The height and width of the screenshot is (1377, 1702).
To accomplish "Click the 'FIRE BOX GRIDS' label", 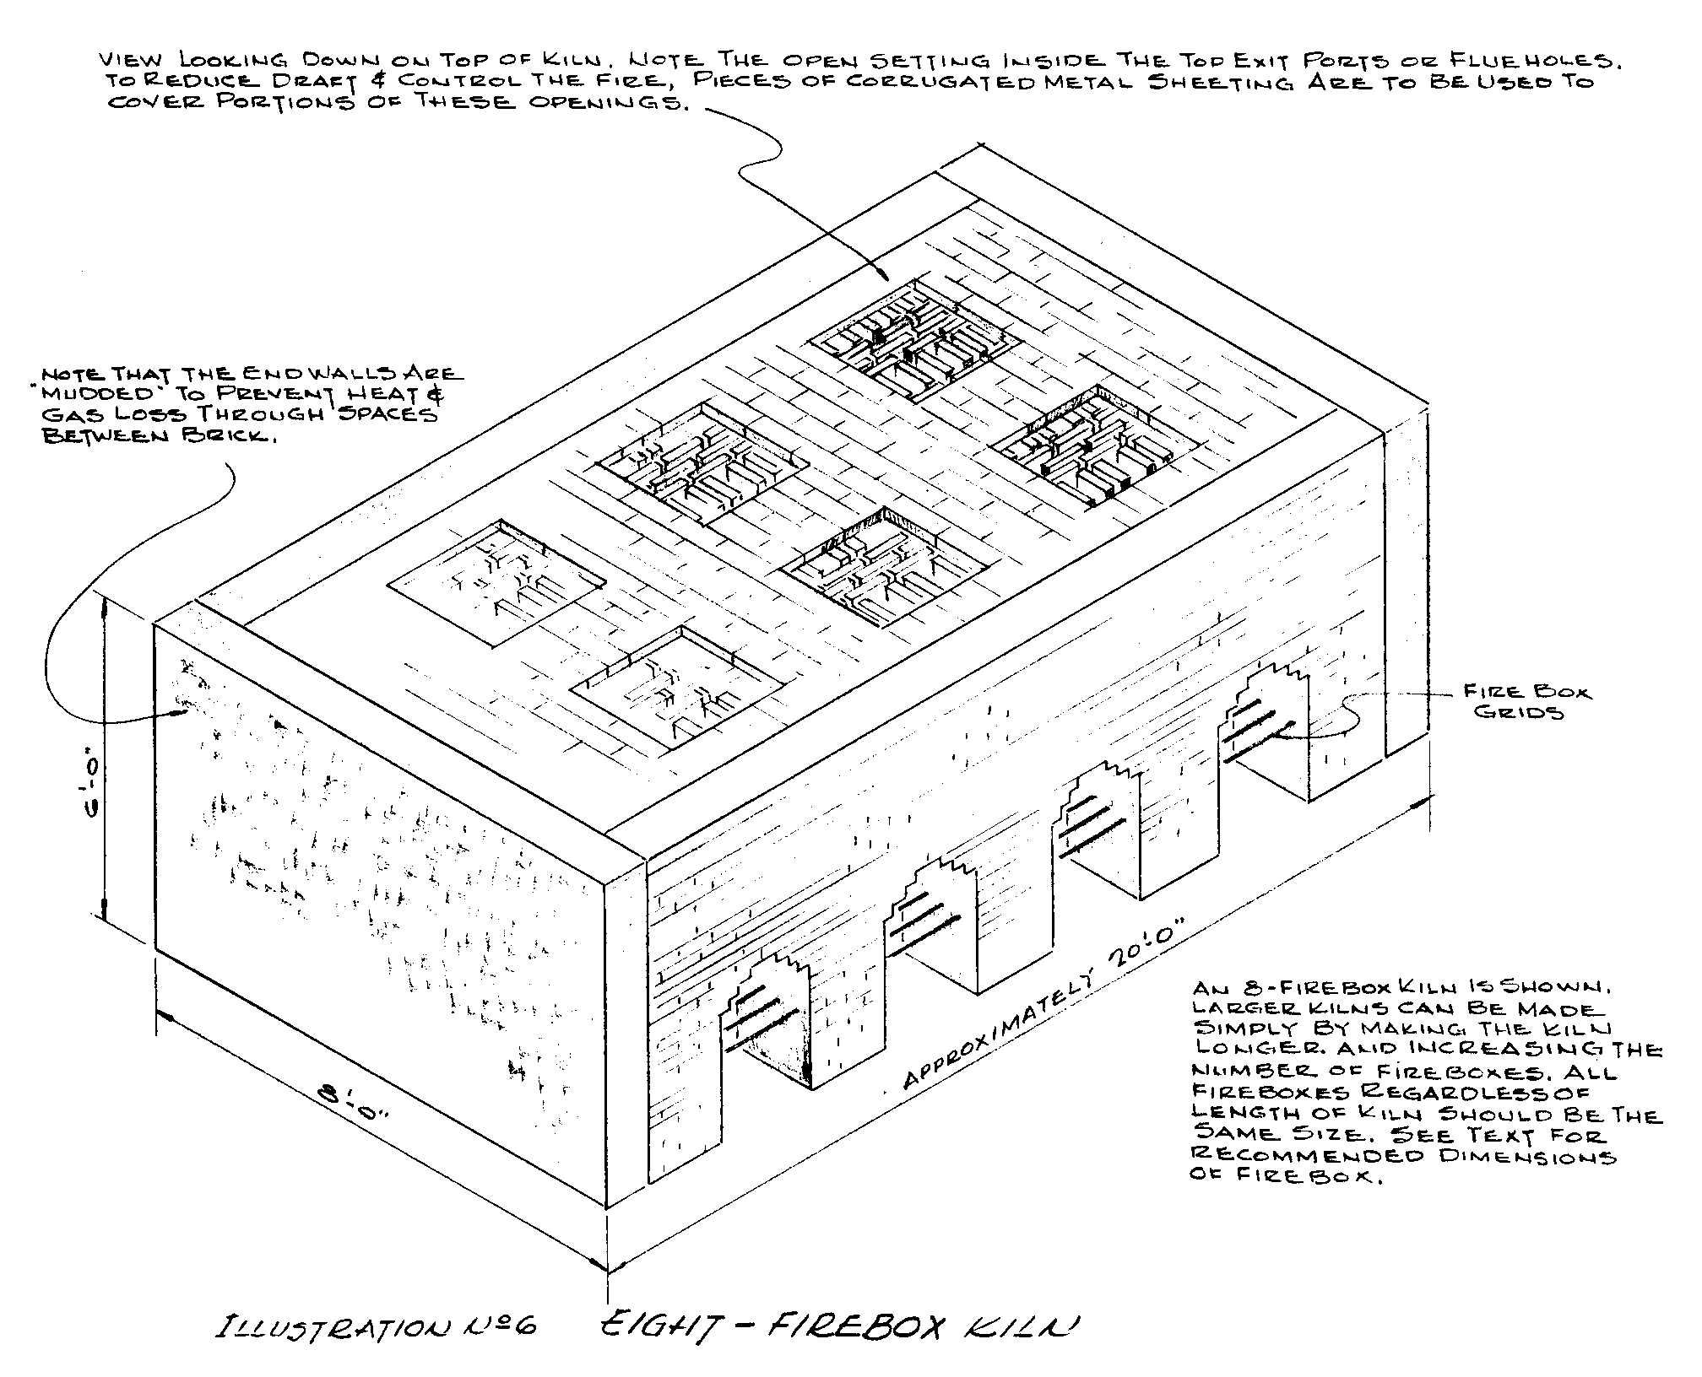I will [x=1526, y=702].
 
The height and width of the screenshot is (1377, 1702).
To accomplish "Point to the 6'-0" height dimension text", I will [x=93, y=789].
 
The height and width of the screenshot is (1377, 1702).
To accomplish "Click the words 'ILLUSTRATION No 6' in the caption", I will [x=377, y=1326].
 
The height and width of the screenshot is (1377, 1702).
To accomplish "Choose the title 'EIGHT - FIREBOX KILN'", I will [x=837, y=1326].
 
